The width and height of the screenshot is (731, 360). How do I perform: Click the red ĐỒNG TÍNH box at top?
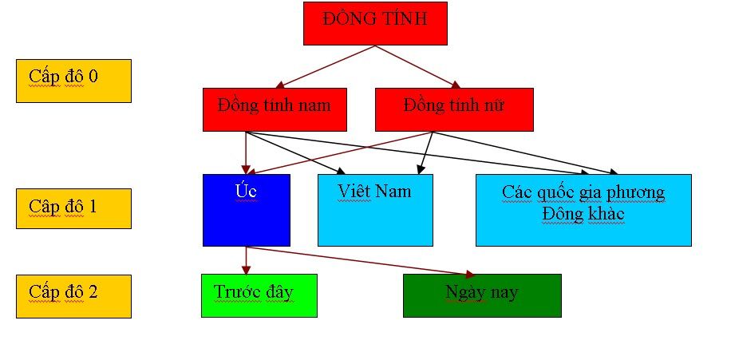375,23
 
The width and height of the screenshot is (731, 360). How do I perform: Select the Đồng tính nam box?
275,109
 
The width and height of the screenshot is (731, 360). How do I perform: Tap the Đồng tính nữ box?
454,109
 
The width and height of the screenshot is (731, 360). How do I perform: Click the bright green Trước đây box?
259,295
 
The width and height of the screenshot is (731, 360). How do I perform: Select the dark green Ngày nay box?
481,295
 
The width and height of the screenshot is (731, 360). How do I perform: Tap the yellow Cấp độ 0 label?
73,81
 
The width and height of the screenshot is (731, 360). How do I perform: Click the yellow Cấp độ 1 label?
73,208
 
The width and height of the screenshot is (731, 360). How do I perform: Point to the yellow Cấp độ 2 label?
73,296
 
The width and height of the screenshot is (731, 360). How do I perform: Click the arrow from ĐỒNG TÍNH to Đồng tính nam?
327,65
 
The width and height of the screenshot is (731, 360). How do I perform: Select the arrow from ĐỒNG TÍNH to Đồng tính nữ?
419,65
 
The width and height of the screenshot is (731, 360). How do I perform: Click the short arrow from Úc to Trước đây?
247,259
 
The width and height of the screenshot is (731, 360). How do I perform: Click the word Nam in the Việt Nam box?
395,192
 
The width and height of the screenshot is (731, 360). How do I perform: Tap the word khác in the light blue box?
604,214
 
